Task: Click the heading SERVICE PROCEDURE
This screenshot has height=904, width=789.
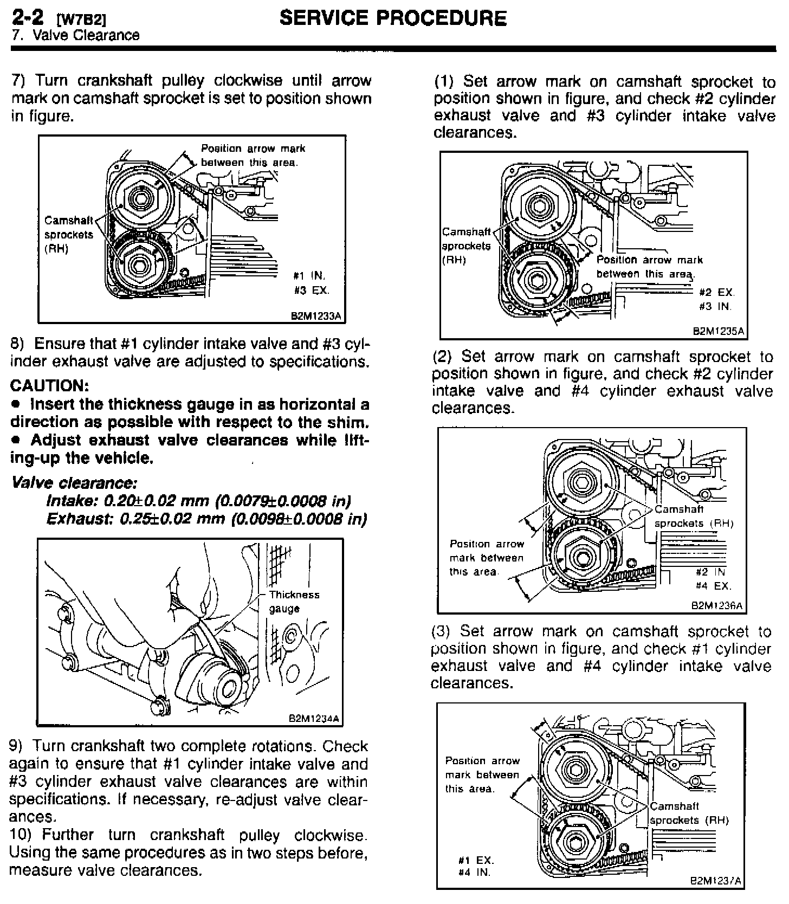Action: click(x=393, y=18)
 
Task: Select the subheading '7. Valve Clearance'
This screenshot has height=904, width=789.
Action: click(x=75, y=36)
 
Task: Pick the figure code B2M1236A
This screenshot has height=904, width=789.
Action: click(x=716, y=606)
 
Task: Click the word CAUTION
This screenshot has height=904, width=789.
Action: click(x=49, y=386)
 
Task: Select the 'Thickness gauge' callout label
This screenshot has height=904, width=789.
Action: click(x=294, y=602)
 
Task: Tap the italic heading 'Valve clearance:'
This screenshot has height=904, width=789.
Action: click(x=74, y=483)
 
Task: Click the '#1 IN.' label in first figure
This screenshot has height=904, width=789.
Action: click(x=309, y=276)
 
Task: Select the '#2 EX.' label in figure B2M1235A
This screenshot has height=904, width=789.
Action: click(x=716, y=293)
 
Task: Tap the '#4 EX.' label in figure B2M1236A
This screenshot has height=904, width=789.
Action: click(x=714, y=586)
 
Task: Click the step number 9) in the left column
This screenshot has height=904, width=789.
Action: click(x=16, y=747)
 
